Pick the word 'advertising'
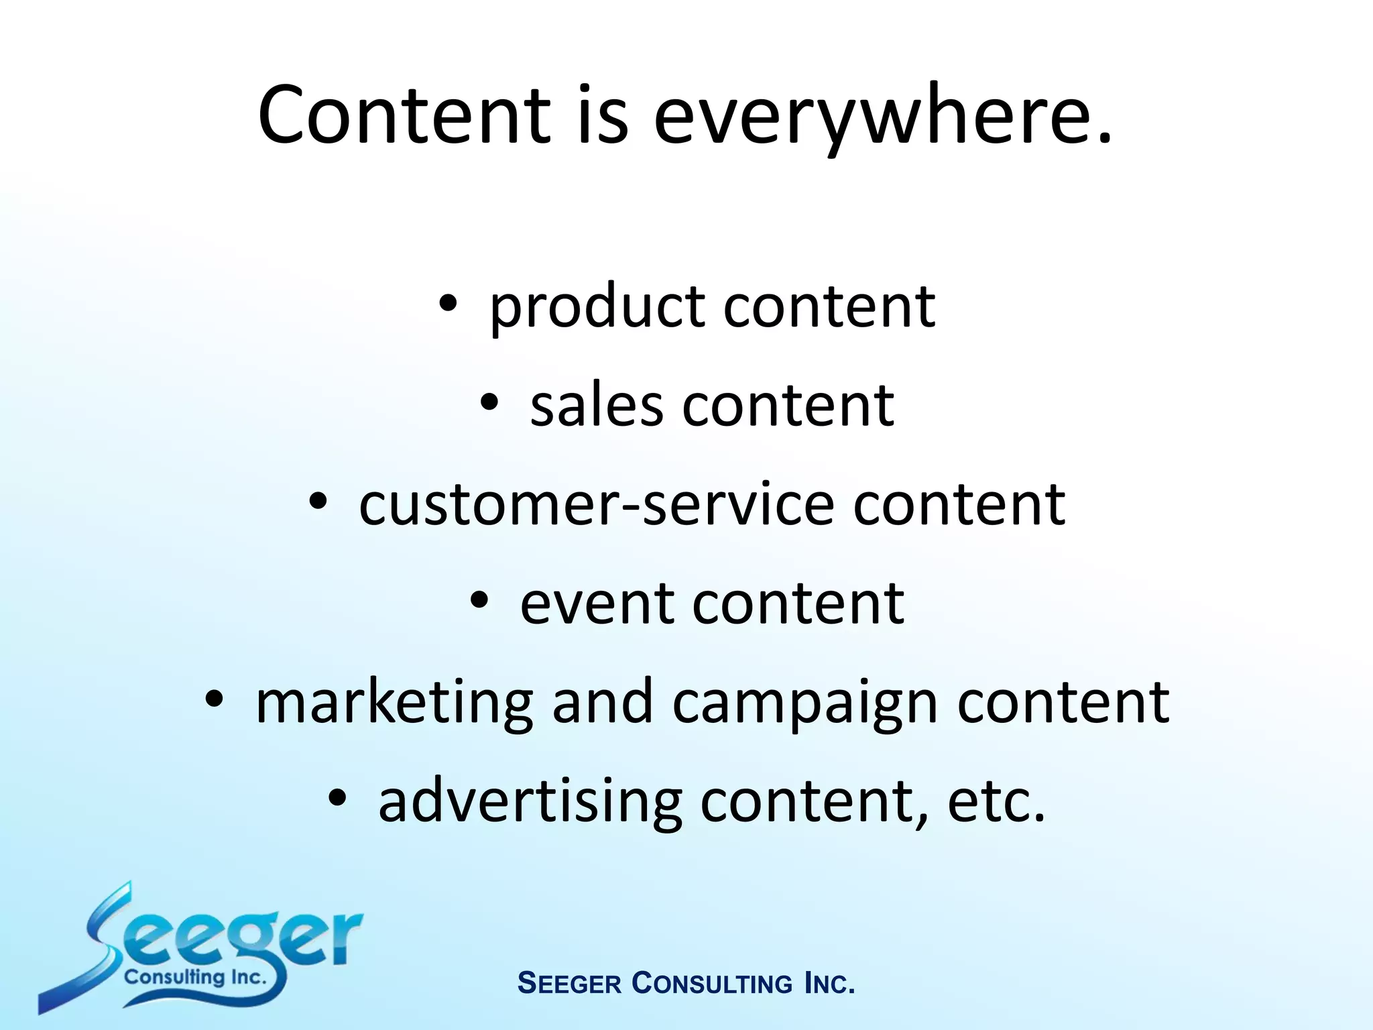click(530, 801)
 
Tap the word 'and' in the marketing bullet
click(602, 701)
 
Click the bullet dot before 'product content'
click(448, 305)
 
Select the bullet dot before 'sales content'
click(489, 402)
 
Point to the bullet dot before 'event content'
click(479, 599)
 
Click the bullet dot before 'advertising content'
click(337, 797)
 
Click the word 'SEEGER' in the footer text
click(570, 984)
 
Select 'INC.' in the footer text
click(829, 984)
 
